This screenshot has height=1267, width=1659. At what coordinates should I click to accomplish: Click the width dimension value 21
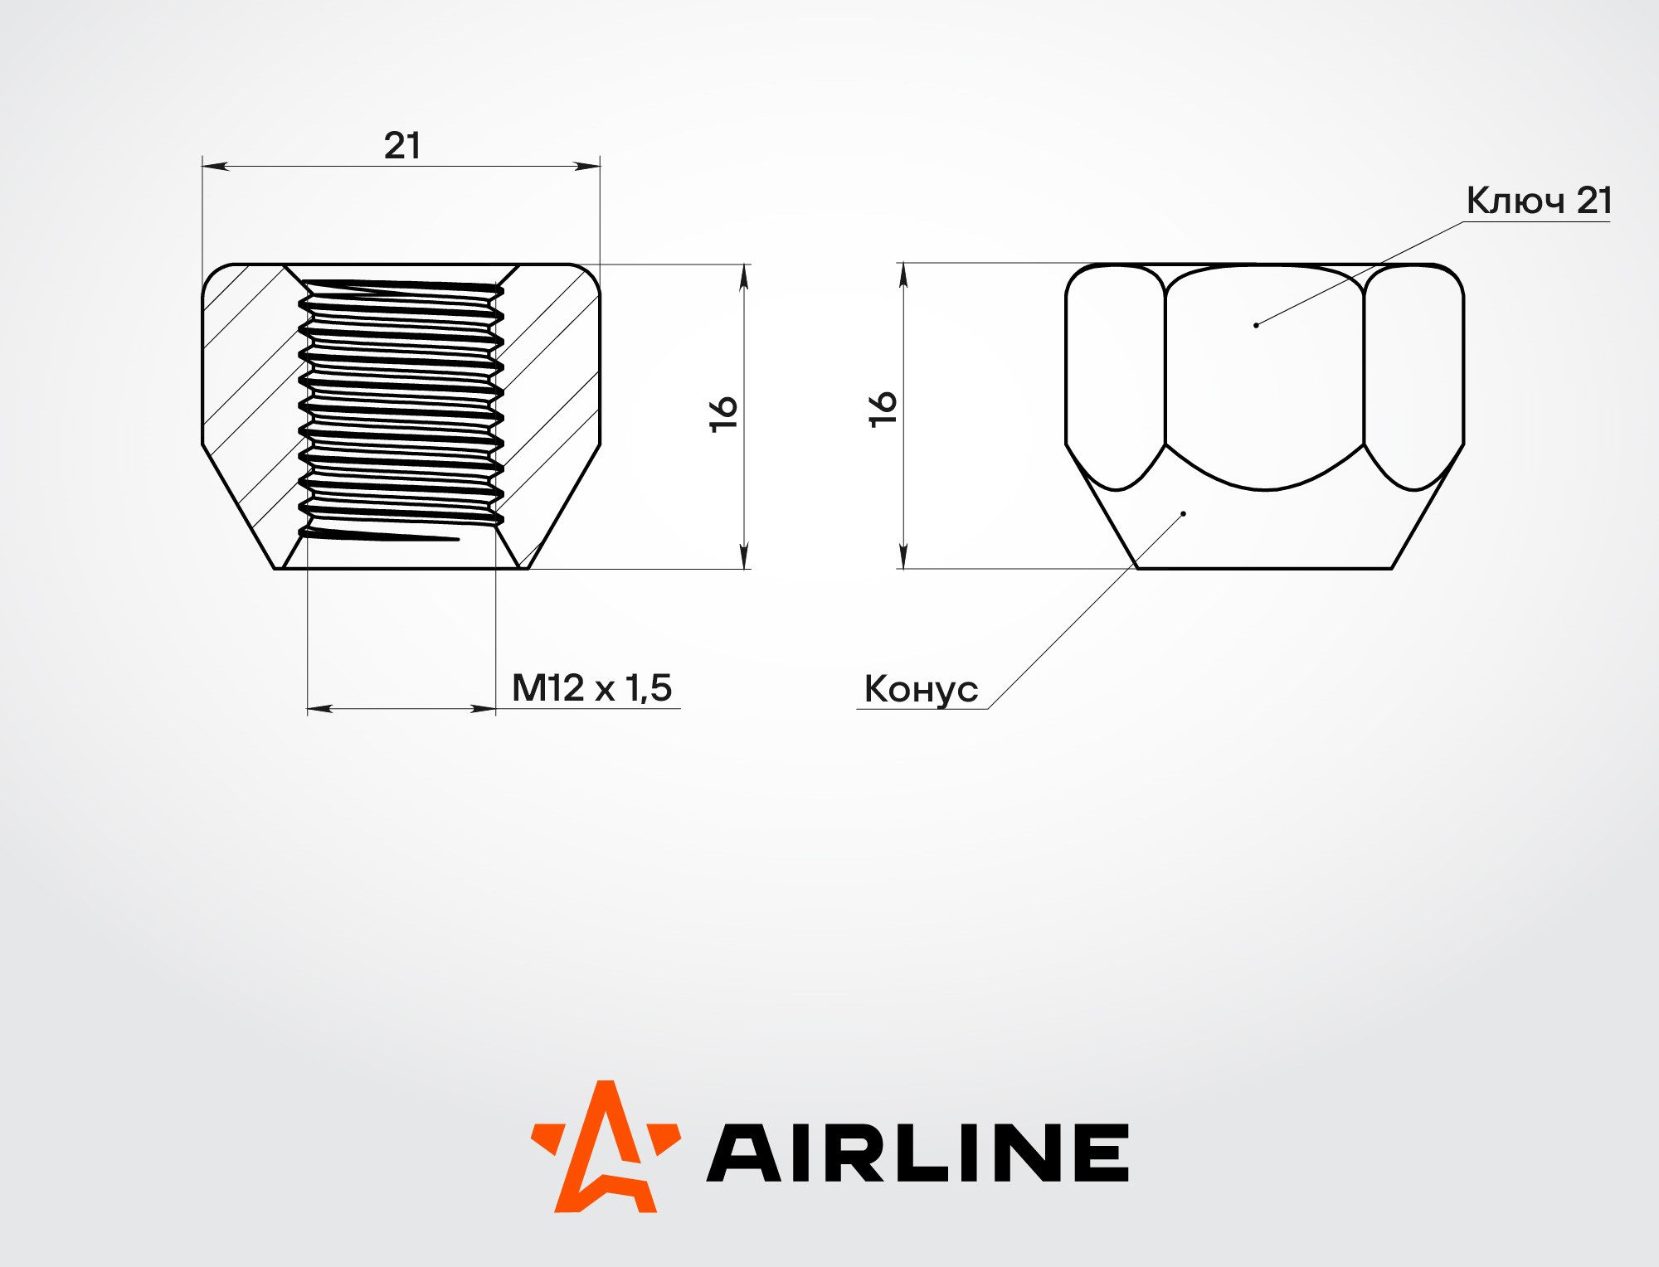pyautogui.click(x=402, y=146)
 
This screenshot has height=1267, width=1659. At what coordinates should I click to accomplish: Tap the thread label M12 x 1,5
pyautogui.click(x=591, y=688)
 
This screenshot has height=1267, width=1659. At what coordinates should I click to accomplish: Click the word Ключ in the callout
pyautogui.click(x=1515, y=201)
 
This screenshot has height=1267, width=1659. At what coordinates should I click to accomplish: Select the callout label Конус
pyautogui.click(x=921, y=690)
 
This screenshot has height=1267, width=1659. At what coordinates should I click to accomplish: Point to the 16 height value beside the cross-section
pyautogui.click(x=723, y=413)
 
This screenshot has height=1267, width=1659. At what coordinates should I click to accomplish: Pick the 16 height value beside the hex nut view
pyautogui.click(x=883, y=409)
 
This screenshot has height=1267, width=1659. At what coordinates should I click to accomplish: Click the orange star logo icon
pyautogui.click(x=606, y=1146)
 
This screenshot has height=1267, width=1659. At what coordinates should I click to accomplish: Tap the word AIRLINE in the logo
pyautogui.click(x=917, y=1153)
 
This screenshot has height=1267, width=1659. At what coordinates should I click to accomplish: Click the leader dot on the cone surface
pyautogui.click(x=1184, y=514)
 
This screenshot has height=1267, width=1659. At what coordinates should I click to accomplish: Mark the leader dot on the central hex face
pyautogui.click(x=1256, y=325)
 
